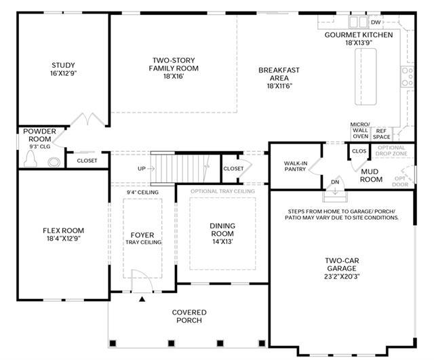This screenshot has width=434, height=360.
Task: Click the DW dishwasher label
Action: click(376, 22)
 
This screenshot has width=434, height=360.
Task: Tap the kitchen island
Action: click(366, 77)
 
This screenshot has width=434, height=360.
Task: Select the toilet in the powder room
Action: click(30, 160)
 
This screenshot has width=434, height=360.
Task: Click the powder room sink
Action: click(54, 162)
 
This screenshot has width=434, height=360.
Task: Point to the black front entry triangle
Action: click(142, 299)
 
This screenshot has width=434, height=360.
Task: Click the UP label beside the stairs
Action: click(142, 169)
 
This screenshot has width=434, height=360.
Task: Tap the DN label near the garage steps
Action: click(335, 182)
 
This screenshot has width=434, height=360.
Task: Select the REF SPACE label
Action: click(381, 134)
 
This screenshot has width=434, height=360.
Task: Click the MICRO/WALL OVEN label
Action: click(360, 130)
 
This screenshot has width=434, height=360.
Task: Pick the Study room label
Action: click(63, 65)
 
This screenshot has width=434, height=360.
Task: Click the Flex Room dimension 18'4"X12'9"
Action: click(63, 238)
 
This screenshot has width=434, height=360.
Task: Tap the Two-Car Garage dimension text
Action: click(342, 276)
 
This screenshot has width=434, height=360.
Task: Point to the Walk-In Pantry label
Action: click(296, 166)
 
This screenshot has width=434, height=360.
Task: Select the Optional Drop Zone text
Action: click(391, 151)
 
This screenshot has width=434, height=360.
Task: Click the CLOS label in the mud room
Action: click(359, 151)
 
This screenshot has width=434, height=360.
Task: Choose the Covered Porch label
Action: click(189, 317)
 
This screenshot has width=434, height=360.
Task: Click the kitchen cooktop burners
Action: click(408, 77)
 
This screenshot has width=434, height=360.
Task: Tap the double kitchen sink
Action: click(359, 22)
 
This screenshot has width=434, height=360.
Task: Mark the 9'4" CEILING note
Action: click(142, 193)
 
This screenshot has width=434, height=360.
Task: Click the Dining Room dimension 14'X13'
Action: click(222, 241)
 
